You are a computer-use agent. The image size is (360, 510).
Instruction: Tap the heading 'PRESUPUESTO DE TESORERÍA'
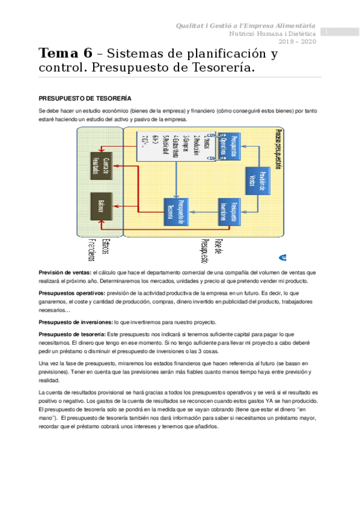click(x=85, y=97)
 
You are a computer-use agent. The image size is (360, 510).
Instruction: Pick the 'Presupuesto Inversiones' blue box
click(x=229, y=210)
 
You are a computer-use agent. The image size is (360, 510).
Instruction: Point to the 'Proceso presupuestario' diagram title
click(x=277, y=150)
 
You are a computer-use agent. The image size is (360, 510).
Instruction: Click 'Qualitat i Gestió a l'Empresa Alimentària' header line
click(x=245, y=26)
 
